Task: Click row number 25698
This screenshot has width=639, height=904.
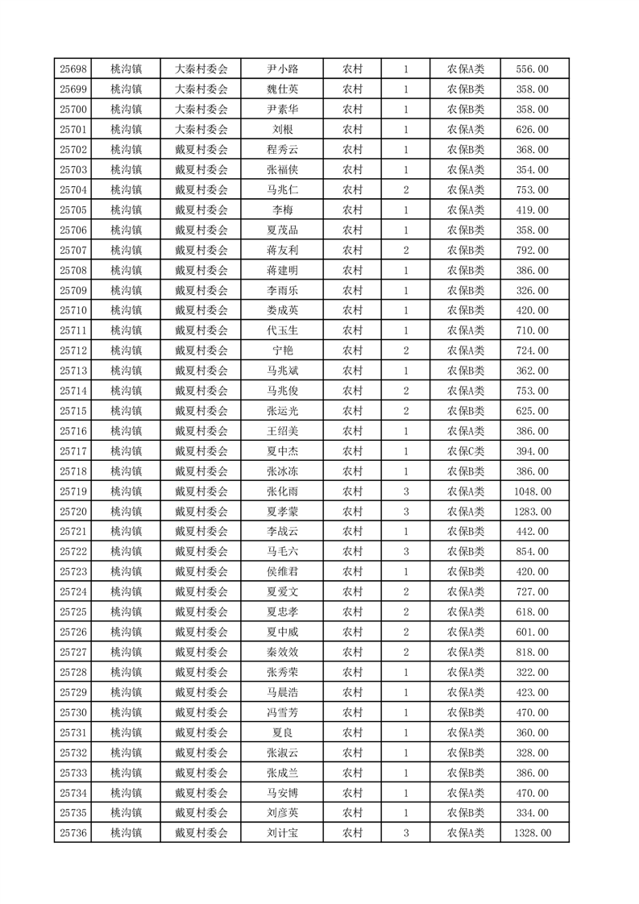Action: [73, 69]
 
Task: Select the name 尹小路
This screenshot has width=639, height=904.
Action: [282, 69]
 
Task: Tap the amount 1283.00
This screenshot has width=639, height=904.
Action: [532, 512]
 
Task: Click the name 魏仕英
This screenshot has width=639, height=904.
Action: [282, 89]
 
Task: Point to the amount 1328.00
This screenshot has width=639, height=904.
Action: [532, 833]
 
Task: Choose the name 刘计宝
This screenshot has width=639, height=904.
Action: [282, 833]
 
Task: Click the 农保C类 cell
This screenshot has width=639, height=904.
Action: [466, 451]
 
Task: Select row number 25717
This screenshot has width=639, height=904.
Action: [73, 451]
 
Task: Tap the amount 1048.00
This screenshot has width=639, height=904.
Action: [532, 491]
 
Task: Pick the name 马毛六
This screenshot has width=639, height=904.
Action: [282, 552]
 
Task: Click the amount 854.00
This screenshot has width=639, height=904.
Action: [532, 552]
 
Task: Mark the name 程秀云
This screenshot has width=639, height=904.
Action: [282, 150]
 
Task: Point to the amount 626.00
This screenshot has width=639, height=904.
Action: [532, 130]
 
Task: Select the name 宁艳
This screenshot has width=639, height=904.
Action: [282, 350]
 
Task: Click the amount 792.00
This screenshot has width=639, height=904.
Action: [532, 251]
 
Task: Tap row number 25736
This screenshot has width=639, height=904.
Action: [73, 833]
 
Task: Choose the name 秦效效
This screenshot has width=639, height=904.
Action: [282, 653]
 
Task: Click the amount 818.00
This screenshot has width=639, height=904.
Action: [532, 653]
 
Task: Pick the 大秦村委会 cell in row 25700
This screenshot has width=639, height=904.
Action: [201, 110]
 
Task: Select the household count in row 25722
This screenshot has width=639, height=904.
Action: [406, 552]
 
